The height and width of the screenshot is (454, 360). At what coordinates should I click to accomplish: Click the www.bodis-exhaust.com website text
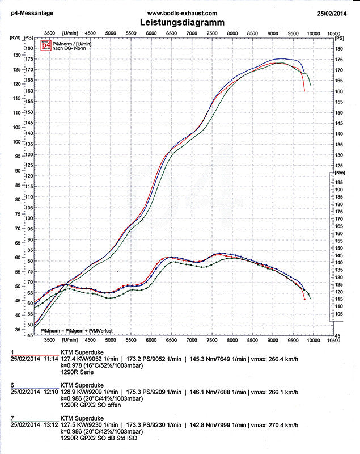coord(181,12)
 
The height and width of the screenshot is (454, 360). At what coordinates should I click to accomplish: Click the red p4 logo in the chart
coord(46,45)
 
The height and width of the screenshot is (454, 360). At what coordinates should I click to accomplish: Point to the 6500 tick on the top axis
coord(172,33)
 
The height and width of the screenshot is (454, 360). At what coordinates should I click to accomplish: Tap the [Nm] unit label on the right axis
coord(340,171)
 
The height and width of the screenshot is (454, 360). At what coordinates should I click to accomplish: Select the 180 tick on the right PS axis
coord(339,48)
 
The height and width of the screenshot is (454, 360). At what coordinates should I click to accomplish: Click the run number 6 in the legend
coord(12,384)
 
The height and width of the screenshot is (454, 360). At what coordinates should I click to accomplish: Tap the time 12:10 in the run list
coord(51,392)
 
